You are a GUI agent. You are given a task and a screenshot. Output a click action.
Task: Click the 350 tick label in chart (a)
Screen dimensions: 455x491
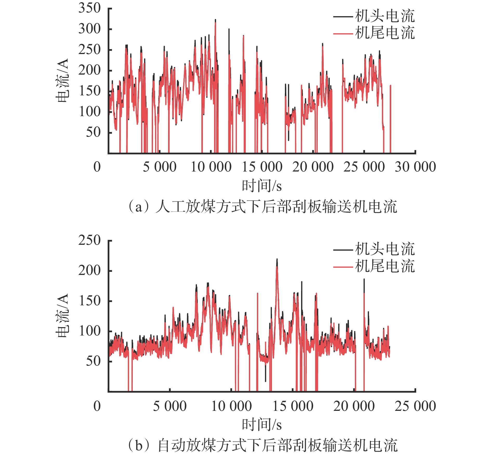point(89,8)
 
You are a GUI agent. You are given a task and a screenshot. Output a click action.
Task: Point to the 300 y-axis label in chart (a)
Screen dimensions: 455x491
point(89,29)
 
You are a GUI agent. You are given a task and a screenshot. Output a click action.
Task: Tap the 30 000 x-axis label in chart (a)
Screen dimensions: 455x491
point(415,167)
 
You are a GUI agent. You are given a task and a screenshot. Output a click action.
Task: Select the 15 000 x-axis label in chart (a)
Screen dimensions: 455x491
point(262,167)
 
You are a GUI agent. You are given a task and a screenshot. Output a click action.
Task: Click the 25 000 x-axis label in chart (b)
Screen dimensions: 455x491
point(415,406)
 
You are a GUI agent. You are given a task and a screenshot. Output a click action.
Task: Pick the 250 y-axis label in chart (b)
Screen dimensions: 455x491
point(89,240)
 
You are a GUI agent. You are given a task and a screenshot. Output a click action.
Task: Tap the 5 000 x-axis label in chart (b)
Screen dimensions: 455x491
point(170,406)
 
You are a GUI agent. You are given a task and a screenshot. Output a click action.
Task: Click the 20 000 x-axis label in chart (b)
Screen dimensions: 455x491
point(354,406)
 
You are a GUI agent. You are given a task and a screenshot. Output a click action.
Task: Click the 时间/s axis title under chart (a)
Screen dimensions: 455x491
point(262,186)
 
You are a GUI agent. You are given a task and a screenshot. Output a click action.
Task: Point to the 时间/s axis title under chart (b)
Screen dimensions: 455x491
point(262,425)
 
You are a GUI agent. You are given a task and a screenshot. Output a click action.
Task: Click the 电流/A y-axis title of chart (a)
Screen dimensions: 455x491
point(62,81)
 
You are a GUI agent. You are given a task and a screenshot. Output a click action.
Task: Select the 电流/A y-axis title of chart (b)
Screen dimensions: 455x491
point(62,316)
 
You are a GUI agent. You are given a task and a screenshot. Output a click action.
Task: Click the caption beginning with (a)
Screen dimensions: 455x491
point(262,207)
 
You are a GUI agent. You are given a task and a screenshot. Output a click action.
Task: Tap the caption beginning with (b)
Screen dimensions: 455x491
point(262,445)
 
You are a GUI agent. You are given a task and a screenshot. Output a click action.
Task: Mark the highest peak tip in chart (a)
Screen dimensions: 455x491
point(215,20)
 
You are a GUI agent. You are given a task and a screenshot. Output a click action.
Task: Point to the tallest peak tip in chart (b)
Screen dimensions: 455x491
point(277,259)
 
